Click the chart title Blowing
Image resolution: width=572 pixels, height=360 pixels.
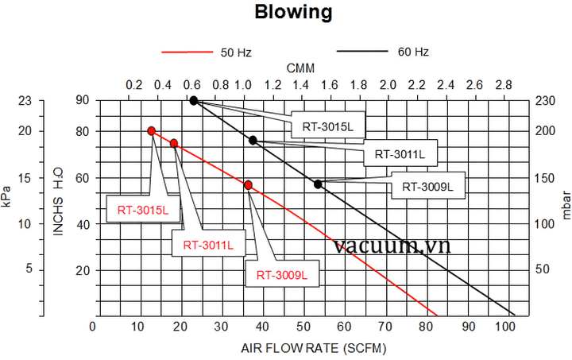[x=293, y=13]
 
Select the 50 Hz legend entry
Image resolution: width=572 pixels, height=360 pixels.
[x=235, y=52]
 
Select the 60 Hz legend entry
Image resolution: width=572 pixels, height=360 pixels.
[x=412, y=52]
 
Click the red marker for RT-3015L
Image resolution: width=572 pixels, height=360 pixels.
[x=151, y=131]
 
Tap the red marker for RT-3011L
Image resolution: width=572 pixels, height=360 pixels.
[x=174, y=143]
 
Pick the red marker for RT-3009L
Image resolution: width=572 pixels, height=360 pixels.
[x=249, y=185]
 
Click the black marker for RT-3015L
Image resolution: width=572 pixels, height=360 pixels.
[x=194, y=101]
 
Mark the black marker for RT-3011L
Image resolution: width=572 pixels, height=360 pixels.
[x=253, y=140]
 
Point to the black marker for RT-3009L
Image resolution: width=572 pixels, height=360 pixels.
[x=318, y=184]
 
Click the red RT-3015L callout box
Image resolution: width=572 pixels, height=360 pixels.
[x=143, y=211]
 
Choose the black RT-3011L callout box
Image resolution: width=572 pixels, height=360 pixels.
[x=400, y=153]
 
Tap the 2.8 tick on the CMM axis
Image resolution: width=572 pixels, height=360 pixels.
[x=503, y=85]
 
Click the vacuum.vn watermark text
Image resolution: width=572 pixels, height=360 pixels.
[x=392, y=246]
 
